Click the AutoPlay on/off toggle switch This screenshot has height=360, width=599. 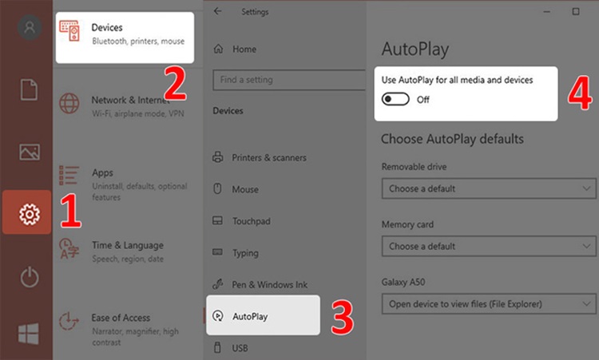pos(395,99)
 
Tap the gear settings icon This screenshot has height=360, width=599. pos(30,214)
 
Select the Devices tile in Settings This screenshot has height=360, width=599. pos(125,38)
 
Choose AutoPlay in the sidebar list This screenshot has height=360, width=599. pos(263,315)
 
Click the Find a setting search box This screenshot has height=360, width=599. pos(289,80)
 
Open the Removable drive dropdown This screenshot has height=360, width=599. pos(489,188)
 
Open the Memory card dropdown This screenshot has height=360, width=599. pos(489,246)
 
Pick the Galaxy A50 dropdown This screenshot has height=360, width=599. pos(489,304)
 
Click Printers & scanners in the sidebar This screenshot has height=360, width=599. pos(260,157)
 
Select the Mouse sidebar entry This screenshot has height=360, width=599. pos(236,189)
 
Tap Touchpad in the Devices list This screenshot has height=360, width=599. pos(241,221)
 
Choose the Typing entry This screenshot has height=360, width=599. pos(236,253)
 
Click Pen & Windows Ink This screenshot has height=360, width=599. pos(260,284)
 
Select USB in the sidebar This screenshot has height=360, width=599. pos(230,348)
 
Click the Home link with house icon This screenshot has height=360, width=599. pos(235,49)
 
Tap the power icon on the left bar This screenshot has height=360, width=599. pos(30,277)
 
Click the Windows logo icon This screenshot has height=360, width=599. pos(29,334)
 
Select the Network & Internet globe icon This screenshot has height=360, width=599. pos(69,103)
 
